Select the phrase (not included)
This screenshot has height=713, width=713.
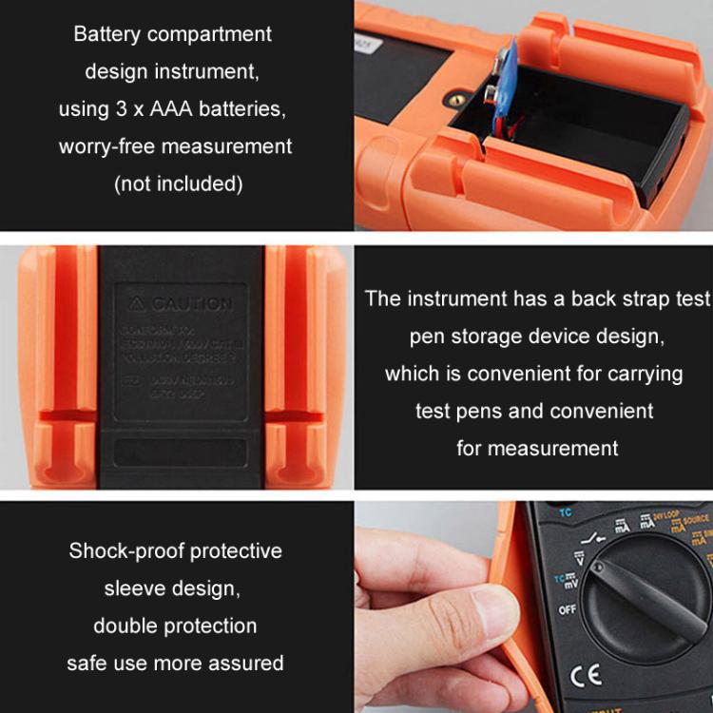179,183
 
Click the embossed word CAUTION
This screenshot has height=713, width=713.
191,304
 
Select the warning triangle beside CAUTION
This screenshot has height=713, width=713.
137,304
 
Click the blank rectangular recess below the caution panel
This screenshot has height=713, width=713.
181,453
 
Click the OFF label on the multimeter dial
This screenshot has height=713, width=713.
567,609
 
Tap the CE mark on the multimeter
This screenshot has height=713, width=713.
587,675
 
